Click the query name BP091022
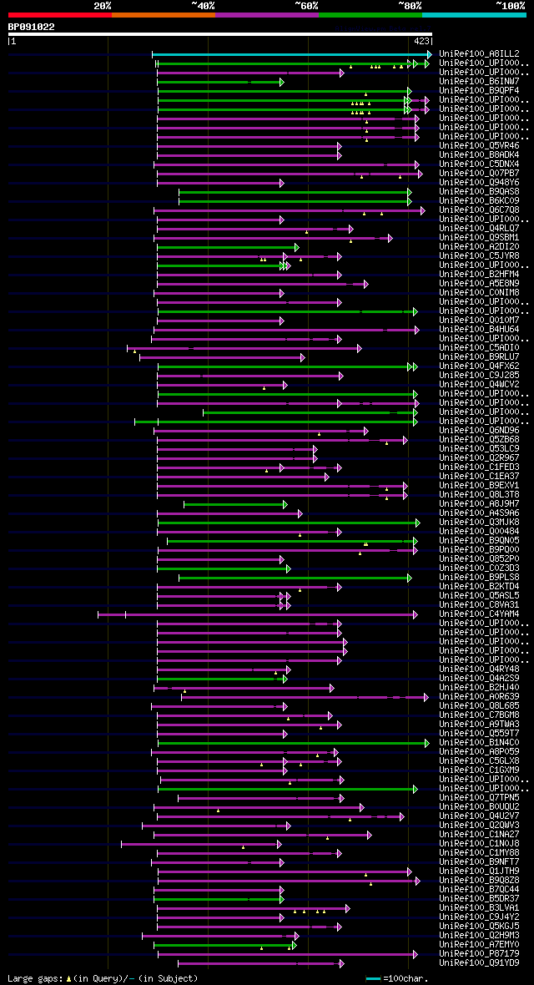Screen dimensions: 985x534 tap(32, 27)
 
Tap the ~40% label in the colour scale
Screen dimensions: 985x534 tap(203, 6)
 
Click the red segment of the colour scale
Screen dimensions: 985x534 tap(59, 15)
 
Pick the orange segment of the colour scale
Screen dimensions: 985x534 tap(163, 15)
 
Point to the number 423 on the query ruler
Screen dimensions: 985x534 tap(421, 40)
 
